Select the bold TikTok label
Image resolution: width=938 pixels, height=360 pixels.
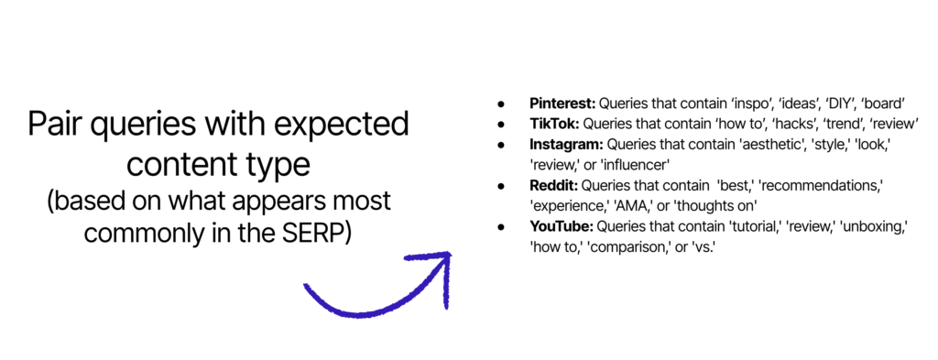(x=555, y=125)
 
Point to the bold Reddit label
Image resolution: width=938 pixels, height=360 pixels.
(x=553, y=186)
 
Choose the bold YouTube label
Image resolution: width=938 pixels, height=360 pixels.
(x=562, y=227)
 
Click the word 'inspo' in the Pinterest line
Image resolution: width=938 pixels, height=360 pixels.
(x=749, y=104)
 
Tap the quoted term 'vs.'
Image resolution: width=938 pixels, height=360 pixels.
(x=703, y=247)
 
